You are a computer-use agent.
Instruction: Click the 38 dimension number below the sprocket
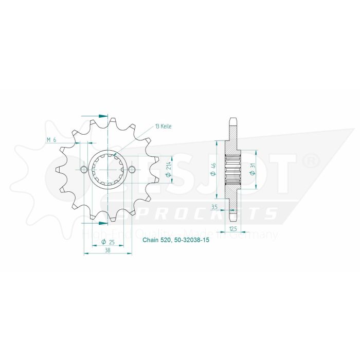click(x=107, y=250)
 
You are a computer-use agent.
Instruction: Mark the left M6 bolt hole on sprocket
click(x=84, y=170)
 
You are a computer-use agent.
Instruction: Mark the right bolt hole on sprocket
click(x=132, y=170)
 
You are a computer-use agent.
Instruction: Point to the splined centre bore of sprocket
click(x=107, y=170)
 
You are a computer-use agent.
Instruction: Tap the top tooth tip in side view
click(x=233, y=119)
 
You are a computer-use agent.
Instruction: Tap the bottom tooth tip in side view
click(x=233, y=220)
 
